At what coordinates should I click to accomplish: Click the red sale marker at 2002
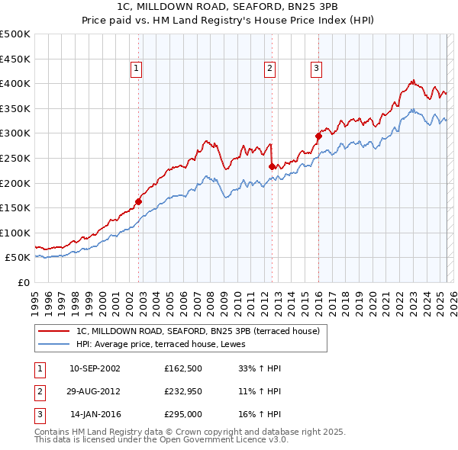click(139, 202)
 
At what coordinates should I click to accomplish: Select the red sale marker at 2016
click(318, 136)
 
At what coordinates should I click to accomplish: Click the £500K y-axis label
click(15, 34)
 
